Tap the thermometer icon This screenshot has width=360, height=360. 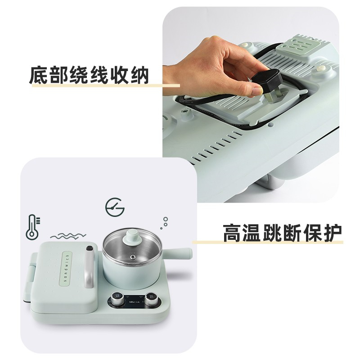[x=32, y=227]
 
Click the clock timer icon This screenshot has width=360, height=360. [x=115, y=207]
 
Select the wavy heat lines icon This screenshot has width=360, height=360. [x=68, y=235]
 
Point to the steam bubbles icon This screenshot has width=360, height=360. [x=164, y=223]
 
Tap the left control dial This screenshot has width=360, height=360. [x=118, y=299]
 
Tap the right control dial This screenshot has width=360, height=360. [x=151, y=299]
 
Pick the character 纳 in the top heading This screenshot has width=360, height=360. [x=139, y=75]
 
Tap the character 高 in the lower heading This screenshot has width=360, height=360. [x=233, y=232]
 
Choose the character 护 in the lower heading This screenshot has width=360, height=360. [x=333, y=232]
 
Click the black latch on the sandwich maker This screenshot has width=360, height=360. [x=90, y=248]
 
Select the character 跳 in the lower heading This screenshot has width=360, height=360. [x=273, y=232]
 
